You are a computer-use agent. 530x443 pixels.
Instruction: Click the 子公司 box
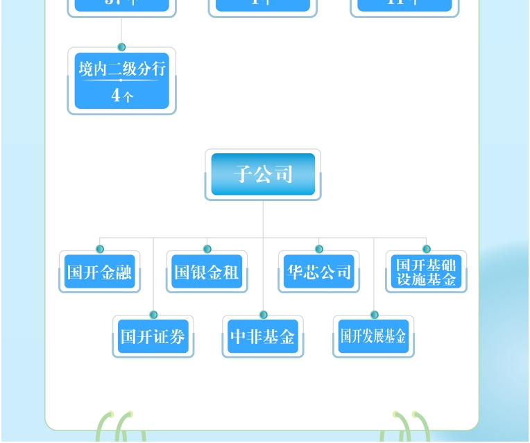[x=263, y=175]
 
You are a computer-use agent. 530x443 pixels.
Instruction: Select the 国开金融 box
[x=99, y=272]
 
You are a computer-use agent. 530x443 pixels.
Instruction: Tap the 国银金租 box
[x=207, y=272]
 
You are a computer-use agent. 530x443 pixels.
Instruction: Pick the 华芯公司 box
[x=319, y=272]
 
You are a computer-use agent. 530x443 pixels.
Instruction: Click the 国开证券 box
[x=153, y=337]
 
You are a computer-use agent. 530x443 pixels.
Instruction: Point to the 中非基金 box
[x=263, y=337]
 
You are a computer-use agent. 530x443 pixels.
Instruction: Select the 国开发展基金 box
[x=374, y=337]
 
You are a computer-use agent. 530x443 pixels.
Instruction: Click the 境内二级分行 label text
[x=122, y=69]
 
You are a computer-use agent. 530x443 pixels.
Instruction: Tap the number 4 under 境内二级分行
[x=117, y=96]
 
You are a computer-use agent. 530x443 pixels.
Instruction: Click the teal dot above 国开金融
[x=100, y=249]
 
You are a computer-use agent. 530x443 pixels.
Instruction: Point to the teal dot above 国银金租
[x=207, y=249]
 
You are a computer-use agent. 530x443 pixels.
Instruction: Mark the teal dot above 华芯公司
[x=319, y=249]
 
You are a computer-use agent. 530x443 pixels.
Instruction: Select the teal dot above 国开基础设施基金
[x=426, y=249]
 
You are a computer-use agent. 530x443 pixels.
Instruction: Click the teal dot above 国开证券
[x=153, y=315]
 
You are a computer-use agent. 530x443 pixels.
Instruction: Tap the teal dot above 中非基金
[x=264, y=315]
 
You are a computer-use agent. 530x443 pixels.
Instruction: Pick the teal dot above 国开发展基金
[x=375, y=315]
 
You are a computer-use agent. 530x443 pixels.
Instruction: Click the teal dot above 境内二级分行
[x=122, y=47]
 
